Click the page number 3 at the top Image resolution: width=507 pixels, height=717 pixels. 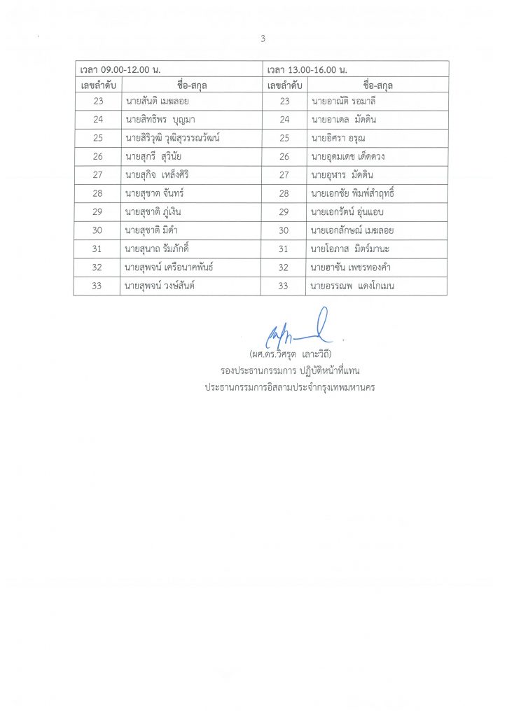point(263,39)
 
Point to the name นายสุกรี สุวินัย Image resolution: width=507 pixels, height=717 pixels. point(153,156)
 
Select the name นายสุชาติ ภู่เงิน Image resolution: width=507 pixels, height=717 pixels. point(153,211)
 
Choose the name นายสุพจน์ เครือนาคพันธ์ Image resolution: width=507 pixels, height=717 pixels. point(169,267)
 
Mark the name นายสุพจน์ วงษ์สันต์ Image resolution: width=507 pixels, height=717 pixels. point(163,285)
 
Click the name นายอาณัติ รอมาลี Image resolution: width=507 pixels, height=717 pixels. point(345,101)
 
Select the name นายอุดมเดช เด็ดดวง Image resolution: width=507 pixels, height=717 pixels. point(348,156)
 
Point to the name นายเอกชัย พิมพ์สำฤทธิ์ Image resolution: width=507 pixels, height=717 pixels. point(357,193)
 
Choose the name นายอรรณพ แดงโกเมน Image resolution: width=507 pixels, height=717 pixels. point(354,285)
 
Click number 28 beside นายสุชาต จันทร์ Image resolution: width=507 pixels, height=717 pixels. point(97,193)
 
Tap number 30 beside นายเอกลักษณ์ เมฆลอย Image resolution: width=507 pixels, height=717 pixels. point(284,230)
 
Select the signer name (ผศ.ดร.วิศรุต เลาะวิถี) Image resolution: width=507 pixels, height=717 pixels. point(289,352)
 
